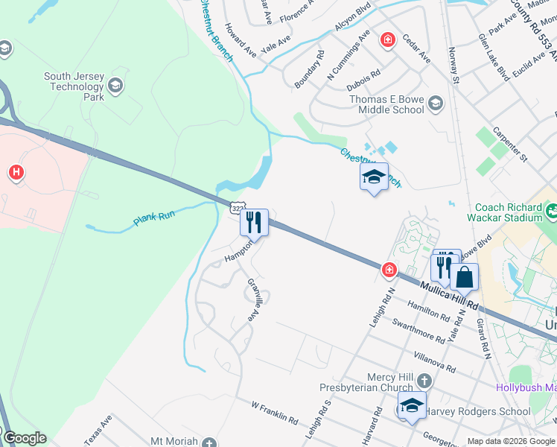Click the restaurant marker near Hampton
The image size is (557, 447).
[x=254, y=221]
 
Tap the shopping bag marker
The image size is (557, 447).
[x=464, y=277]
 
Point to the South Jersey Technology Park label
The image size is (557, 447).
[x=74, y=86]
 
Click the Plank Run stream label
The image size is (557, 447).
[x=153, y=218]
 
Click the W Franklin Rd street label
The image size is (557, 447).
[x=274, y=413]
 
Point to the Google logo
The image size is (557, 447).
[x=24, y=438]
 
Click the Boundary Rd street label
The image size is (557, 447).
[x=309, y=69]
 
